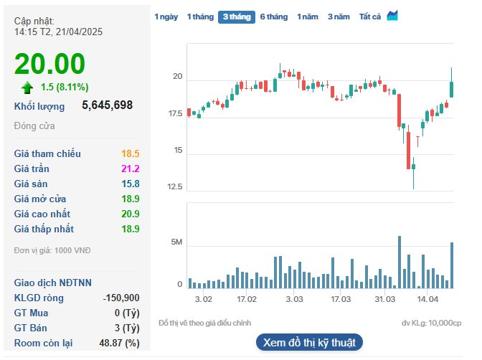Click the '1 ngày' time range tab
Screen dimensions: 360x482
tap(166, 16)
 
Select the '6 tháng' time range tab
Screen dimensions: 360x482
tap(273, 16)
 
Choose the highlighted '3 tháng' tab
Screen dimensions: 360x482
tap(236, 16)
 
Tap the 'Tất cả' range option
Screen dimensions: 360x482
tap(370, 16)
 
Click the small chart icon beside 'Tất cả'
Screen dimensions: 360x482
tap(392, 16)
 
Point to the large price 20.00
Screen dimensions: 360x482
tap(50, 65)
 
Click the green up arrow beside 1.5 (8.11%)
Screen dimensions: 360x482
tap(27, 87)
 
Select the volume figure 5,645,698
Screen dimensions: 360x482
tap(108, 105)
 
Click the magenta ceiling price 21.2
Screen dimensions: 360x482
tap(131, 169)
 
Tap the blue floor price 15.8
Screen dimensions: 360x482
tap(131, 184)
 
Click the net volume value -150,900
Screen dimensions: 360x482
tap(121, 298)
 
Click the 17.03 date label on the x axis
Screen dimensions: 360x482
tap(340, 298)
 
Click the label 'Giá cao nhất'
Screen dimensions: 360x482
tap(44, 214)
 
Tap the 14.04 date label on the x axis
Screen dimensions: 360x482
tap(428, 298)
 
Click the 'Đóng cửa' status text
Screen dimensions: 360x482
tap(34, 126)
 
